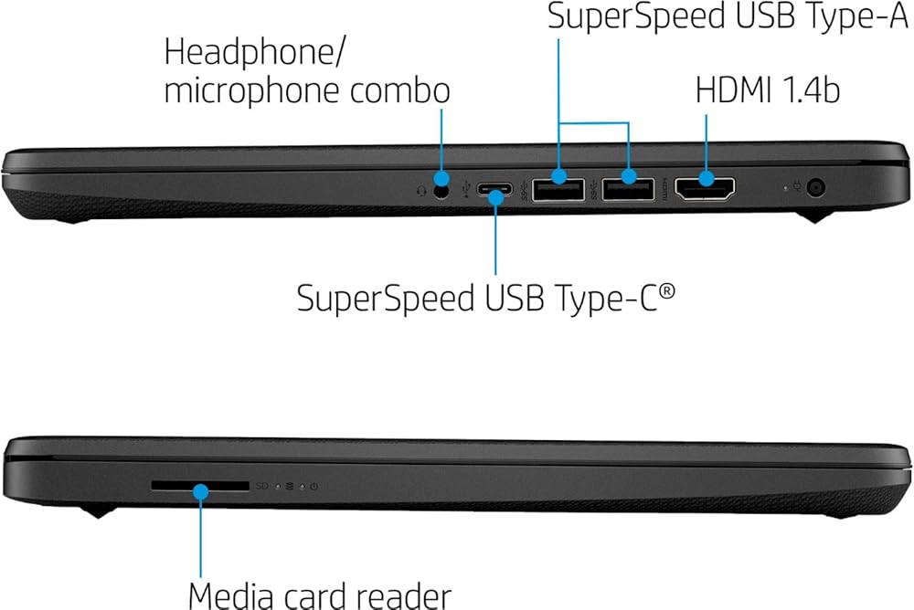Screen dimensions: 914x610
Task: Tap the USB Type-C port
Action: point(494,189)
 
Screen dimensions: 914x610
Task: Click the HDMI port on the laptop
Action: point(705,188)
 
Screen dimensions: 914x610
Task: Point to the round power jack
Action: point(815,187)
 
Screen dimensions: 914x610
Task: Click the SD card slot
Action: point(200,485)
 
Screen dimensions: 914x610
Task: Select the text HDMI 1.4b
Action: point(768,91)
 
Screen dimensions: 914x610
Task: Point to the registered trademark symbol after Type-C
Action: point(667,290)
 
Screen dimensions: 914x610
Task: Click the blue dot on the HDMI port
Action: point(706,178)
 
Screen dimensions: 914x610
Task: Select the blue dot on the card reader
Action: point(200,492)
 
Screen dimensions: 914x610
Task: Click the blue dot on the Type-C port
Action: point(495,197)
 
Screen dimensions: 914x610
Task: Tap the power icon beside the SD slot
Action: point(314,486)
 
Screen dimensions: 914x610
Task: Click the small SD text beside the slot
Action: point(262,485)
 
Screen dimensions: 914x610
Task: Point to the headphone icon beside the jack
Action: point(422,191)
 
